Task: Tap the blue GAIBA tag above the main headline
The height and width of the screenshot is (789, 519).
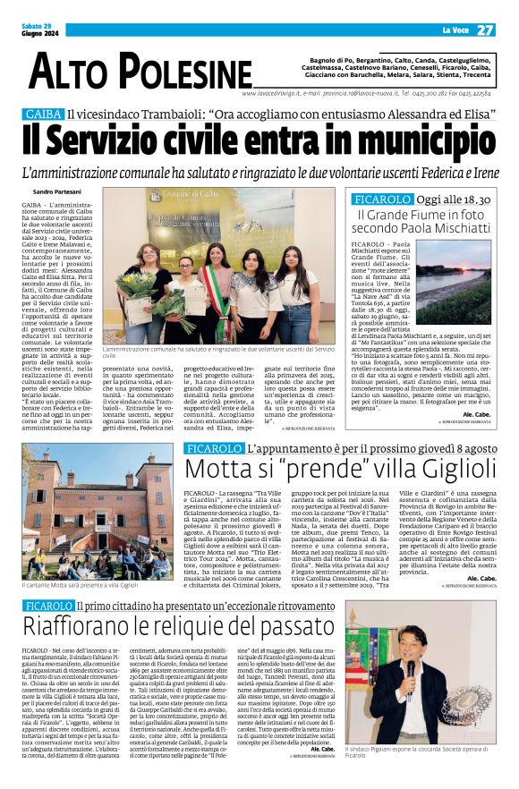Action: [44, 114]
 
